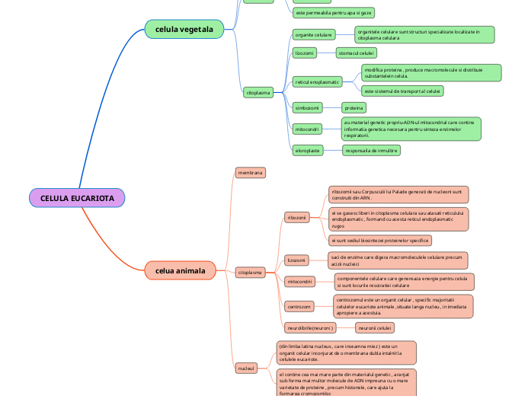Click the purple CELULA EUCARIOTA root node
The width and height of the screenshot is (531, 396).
[x=77, y=198]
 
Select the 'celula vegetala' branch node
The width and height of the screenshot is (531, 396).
[x=184, y=30]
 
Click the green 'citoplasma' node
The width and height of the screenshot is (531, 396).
[x=258, y=93]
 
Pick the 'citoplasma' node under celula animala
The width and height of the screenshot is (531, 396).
[x=250, y=272]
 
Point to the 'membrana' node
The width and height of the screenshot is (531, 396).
[x=250, y=173]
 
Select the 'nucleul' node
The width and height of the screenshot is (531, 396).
[x=246, y=368]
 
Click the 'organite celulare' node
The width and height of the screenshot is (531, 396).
[x=313, y=35]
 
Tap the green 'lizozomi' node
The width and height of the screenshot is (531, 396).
[x=304, y=53]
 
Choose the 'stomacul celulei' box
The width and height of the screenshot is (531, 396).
[x=357, y=53]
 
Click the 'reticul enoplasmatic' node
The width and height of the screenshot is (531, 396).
[x=317, y=81]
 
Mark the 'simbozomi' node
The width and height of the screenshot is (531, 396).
[x=309, y=107]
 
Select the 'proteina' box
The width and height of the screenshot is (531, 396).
[x=353, y=107]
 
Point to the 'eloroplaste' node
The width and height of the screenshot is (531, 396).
[x=308, y=150]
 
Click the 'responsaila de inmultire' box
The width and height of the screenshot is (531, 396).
[x=371, y=150]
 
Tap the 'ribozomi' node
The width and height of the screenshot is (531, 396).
[x=296, y=218]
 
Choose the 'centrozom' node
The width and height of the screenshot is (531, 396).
[x=299, y=306]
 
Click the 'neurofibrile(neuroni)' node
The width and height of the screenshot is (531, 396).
[x=310, y=327]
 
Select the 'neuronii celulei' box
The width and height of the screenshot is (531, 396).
[x=375, y=327]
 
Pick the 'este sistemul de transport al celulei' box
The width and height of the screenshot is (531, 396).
[x=402, y=91]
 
